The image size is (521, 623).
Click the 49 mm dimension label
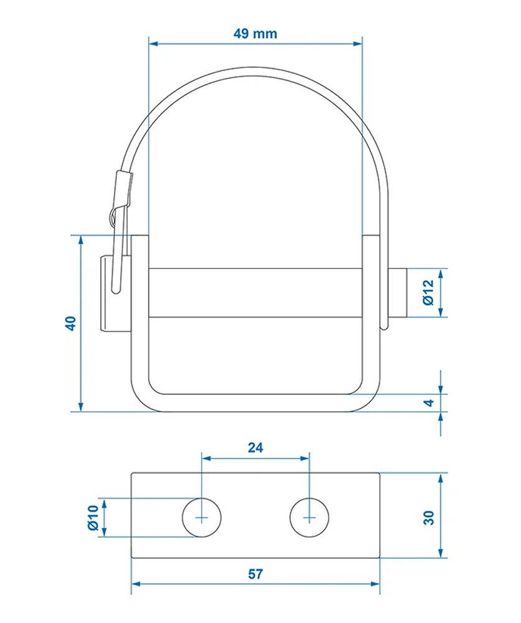[255, 34]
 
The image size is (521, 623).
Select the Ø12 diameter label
[427, 292]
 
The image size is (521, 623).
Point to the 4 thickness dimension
[428, 402]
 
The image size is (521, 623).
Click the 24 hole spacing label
[255, 447]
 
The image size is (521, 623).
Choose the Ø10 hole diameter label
[93, 518]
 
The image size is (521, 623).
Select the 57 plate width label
[255, 574]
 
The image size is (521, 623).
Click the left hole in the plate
[202, 517]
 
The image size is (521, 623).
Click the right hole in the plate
[310, 517]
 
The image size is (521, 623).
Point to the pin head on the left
[106, 293]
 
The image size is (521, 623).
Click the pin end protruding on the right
[398, 292]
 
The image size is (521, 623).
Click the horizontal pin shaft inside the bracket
[255, 292]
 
